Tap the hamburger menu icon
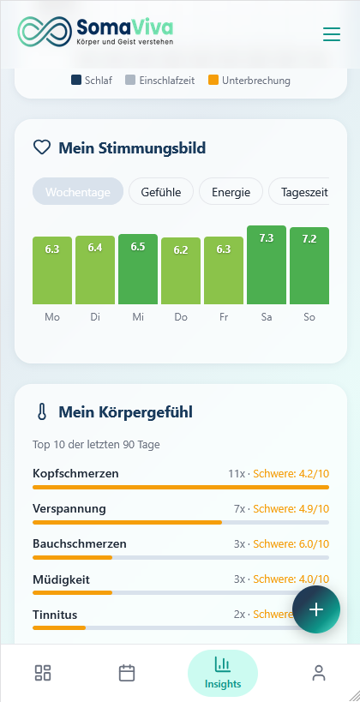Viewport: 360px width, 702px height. coord(331,34)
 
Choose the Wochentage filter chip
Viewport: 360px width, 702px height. coord(78,192)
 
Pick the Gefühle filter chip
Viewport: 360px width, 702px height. coord(161,192)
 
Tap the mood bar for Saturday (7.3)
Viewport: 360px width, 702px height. coord(267,265)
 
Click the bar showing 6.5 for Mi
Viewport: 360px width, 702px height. coord(138,269)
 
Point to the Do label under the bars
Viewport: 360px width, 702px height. coord(181,317)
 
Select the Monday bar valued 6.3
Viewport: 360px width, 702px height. coord(52,270)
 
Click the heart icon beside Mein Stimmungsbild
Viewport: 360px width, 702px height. coord(42,147)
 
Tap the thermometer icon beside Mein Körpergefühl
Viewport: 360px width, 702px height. coord(42,412)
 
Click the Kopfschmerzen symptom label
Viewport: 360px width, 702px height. coord(75,473)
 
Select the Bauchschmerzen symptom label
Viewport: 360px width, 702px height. coord(80,543)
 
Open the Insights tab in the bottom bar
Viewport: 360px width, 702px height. coord(223,672)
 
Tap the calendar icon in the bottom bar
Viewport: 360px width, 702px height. coord(127,673)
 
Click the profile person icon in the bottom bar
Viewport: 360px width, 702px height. coord(319,673)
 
